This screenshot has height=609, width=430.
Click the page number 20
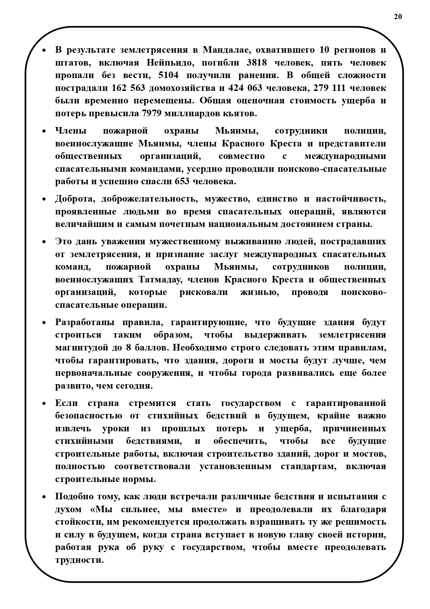pos(398,17)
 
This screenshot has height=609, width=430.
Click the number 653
pos(182,181)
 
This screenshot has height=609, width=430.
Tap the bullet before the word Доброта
pos(44,199)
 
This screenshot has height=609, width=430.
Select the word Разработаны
pos(85,322)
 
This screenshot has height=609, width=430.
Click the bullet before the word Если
pos(44,404)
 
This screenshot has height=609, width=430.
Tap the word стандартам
pos(308,467)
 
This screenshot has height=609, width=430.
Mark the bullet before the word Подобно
pos(44,497)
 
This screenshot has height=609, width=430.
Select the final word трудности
pos(79,560)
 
